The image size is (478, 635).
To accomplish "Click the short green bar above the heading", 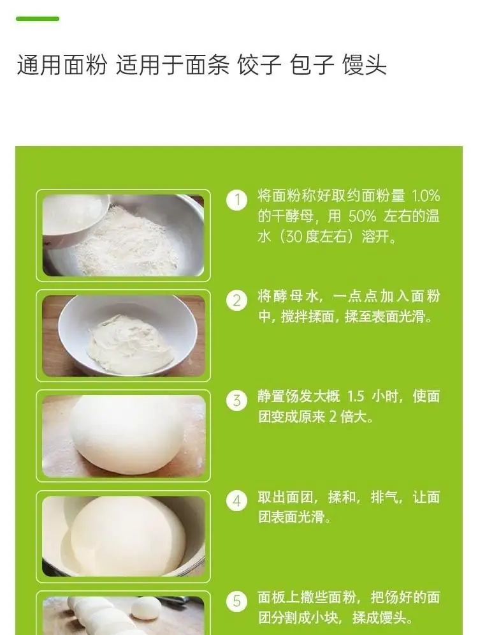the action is (x=38, y=19).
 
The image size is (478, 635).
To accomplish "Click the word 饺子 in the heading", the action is (x=259, y=64).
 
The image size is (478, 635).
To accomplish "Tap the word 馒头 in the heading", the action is (x=365, y=64).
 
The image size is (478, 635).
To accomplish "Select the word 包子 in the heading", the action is (x=312, y=64).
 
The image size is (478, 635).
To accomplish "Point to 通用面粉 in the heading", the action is (x=62, y=64).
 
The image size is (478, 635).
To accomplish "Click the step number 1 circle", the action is (x=236, y=200).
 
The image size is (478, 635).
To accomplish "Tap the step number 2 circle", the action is (x=236, y=301).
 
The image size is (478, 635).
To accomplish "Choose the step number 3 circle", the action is (x=236, y=401).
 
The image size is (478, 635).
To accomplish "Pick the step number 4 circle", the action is (x=236, y=501).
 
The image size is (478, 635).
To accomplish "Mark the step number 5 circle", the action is (x=236, y=601).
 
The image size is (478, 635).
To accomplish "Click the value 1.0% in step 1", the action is (x=426, y=196).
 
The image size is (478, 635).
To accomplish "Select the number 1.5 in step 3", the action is (x=356, y=396).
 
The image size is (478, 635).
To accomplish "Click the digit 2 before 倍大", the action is (x=333, y=417).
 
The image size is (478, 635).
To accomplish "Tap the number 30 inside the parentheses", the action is (x=294, y=237).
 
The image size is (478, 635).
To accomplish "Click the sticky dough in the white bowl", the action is (x=130, y=344).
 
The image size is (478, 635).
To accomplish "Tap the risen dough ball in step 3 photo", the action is (x=126, y=434).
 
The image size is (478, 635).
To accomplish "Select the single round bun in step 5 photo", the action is (x=146, y=608).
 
